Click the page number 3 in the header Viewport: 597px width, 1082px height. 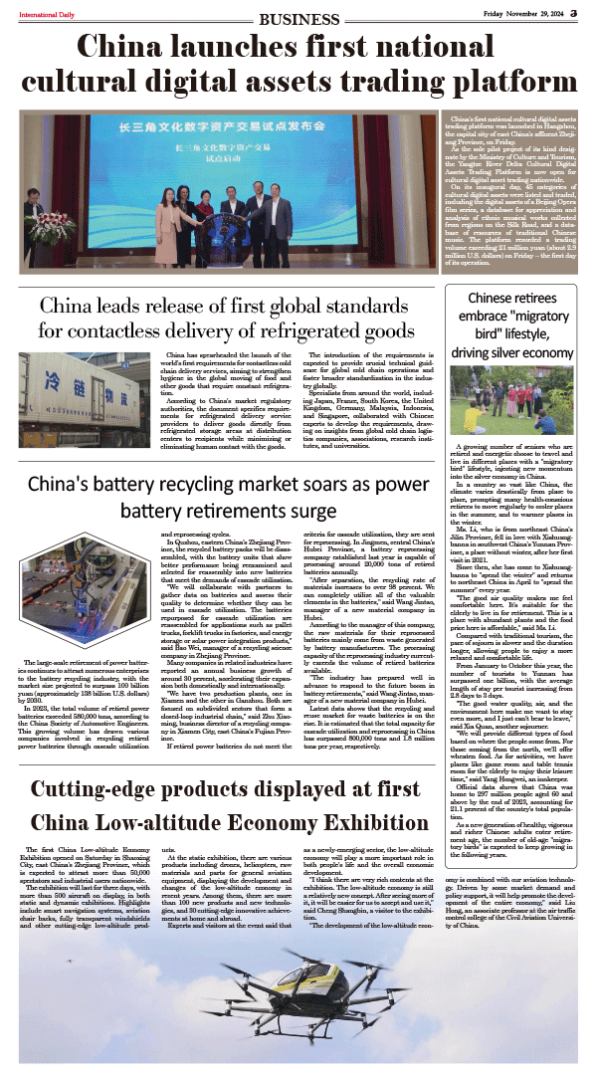[x=574, y=12]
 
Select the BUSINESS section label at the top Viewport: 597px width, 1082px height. [x=298, y=19]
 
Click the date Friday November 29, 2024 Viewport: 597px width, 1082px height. [x=523, y=12]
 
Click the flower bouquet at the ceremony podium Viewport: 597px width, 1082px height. [x=53, y=228]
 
